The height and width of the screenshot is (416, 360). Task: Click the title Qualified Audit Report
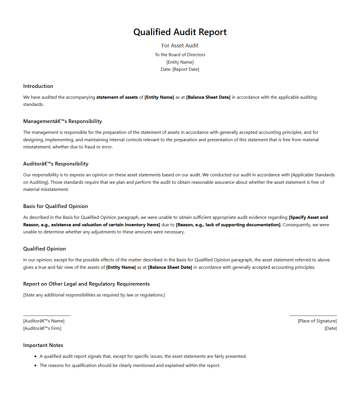pyautogui.click(x=180, y=32)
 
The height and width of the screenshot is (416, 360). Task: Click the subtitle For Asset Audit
pyautogui.click(x=180, y=46)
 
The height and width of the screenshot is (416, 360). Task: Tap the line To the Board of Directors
pyautogui.click(x=180, y=55)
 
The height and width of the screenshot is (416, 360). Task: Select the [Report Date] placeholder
pyautogui.click(x=186, y=69)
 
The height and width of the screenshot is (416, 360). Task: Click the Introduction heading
pyautogui.click(x=38, y=86)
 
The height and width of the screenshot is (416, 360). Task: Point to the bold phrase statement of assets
pyautogui.click(x=117, y=97)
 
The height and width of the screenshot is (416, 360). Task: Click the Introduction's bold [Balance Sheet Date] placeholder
pyautogui.click(x=208, y=97)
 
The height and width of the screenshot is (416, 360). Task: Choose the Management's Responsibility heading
pyautogui.click(x=62, y=121)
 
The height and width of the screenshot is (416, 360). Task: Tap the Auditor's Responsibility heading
pyautogui.click(x=56, y=164)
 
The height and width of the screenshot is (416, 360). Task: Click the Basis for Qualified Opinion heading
pyautogui.click(x=56, y=206)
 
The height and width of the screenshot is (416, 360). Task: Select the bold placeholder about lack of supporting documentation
pyautogui.click(x=228, y=225)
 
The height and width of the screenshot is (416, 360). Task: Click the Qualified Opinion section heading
pyautogui.click(x=44, y=249)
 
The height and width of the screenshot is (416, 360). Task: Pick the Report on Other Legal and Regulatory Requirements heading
pyautogui.click(x=86, y=284)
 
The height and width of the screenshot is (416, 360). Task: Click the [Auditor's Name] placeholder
pyautogui.click(x=44, y=321)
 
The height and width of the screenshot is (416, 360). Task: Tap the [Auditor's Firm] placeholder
pyautogui.click(x=42, y=328)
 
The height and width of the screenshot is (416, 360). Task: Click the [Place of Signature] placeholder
pyautogui.click(x=317, y=321)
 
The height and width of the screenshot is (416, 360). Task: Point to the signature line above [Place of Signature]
pyautogui.click(x=313, y=316)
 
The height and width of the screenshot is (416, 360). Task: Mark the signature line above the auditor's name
pyautogui.click(x=47, y=316)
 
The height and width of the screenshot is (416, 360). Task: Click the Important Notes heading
pyautogui.click(x=43, y=345)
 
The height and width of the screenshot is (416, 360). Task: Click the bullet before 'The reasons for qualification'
pyautogui.click(x=35, y=365)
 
